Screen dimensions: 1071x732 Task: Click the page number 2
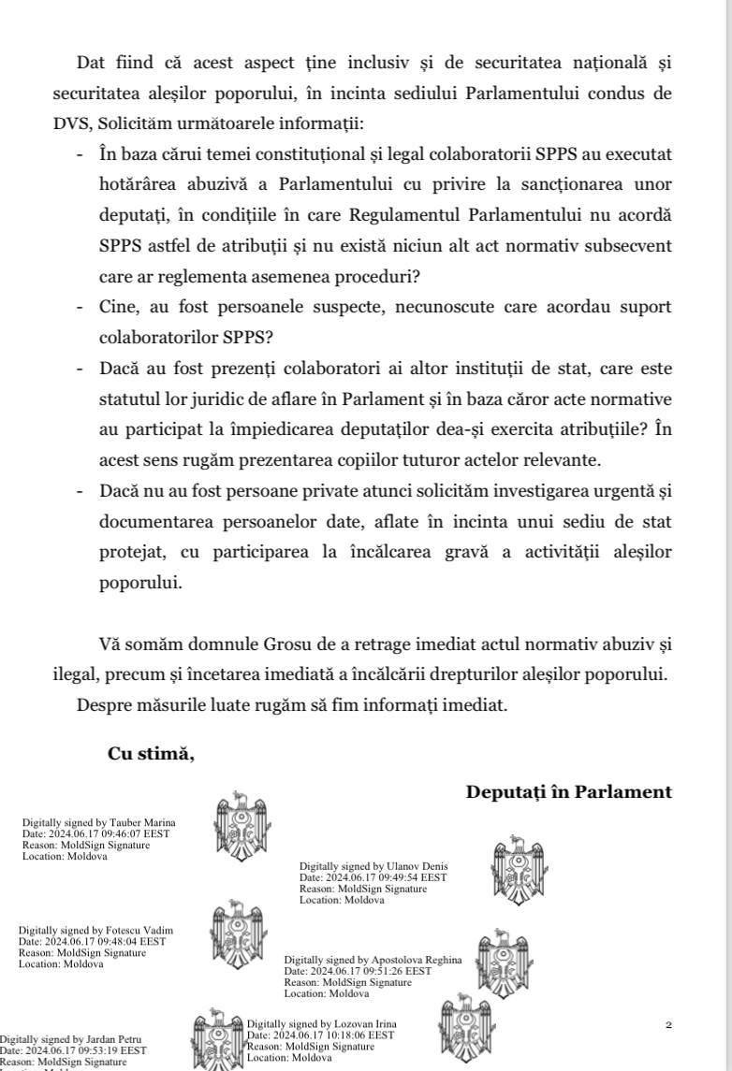pos(668,1025)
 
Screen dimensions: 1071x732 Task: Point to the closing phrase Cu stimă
pos(151,755)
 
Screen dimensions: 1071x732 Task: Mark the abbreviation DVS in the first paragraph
pos(71,123)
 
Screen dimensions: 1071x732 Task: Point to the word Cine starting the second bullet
pos(122,307)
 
